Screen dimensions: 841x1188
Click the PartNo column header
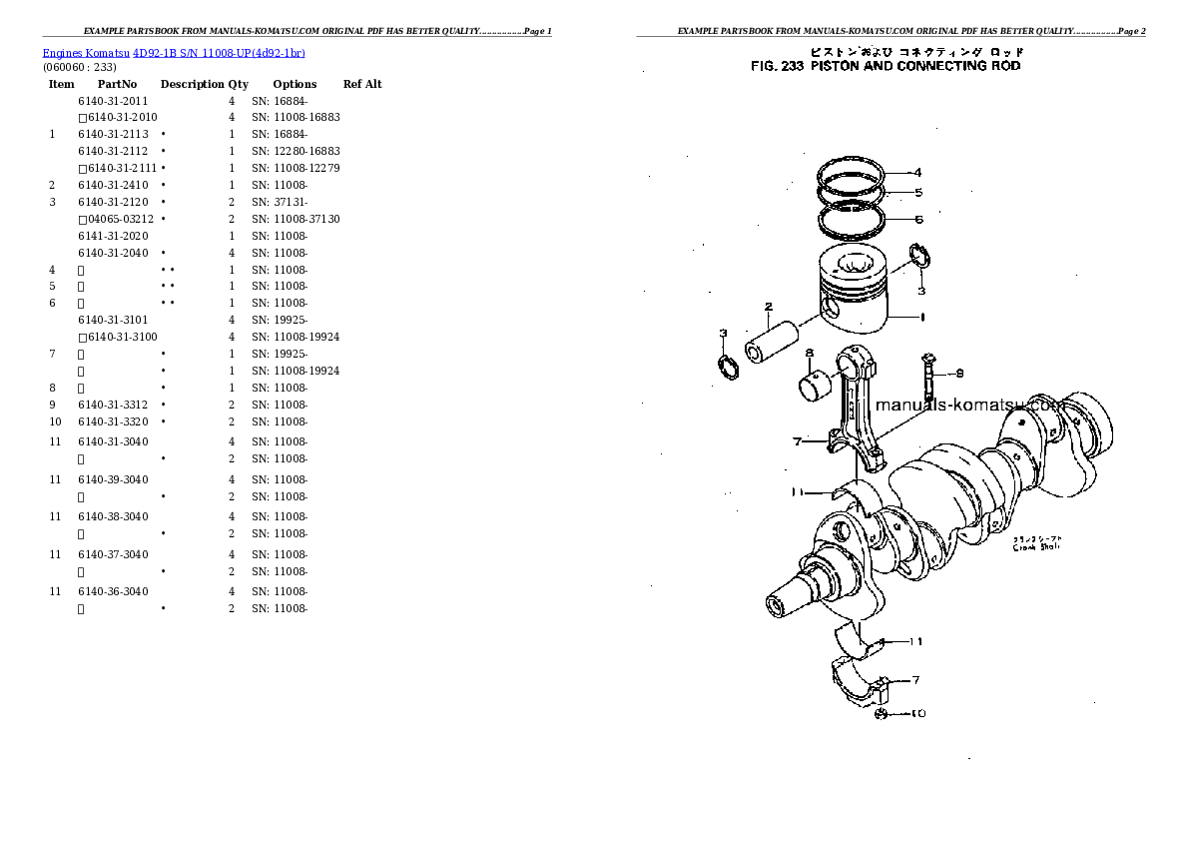tap(117, 85)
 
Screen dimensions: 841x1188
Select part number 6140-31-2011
tap(113, 101)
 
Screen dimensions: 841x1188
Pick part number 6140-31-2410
tap(113, 186)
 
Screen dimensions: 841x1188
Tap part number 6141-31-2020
tap(113, 236)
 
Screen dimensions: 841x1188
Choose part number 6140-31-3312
tap(113, 405)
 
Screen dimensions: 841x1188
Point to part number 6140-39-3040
tap(113, 479)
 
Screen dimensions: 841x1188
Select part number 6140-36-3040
tap(113, 591)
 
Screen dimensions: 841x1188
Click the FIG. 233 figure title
tap(886, 66)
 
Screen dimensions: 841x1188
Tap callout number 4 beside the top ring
tap(917, 172)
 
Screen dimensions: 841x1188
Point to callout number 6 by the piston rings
tap(917, 219)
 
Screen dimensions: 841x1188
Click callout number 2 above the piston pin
tap(769, 307)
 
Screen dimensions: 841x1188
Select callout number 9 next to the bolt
tap(958, 374)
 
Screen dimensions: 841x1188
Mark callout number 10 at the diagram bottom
tap(918, 713)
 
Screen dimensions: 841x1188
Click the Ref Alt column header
tap(362, 85)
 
